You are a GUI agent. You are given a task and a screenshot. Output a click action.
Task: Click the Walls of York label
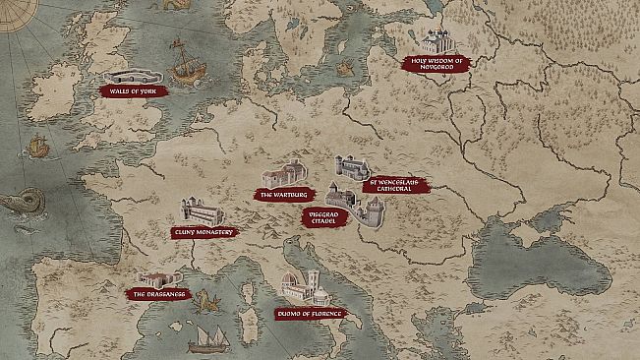coord(135,90)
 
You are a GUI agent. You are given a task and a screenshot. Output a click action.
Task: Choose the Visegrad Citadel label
coord(325,218)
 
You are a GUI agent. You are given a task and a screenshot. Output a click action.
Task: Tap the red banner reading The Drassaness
coord(155,293)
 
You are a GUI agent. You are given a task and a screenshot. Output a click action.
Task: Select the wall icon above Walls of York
coord(133,75)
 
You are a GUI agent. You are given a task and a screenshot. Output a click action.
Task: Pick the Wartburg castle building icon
coord(283,175)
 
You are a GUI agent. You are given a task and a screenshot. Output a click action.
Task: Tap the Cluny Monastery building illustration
coord(202,210)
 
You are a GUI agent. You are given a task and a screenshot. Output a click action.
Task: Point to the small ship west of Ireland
coord(37,145)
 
